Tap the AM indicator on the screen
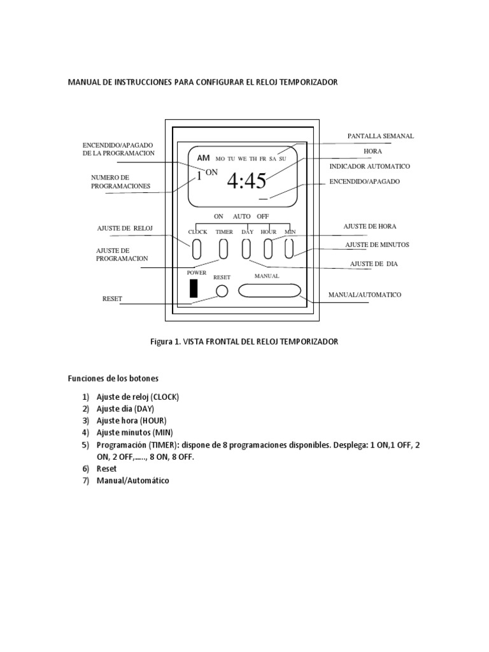point(203,158)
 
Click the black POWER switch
point(194,288)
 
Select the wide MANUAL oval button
point(269,290)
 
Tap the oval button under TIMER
point(223,248)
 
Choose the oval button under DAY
point(246,248)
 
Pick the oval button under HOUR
point(269,248)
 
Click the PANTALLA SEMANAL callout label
point(380,136)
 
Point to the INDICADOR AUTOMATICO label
point(369,166)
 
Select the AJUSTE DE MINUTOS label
point(377,244)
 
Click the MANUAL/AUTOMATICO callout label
point(364,295)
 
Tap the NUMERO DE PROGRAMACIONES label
point(120,181)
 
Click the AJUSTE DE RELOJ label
point(125,228)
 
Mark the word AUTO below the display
point(241,216)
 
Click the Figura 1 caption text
point(244,341)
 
